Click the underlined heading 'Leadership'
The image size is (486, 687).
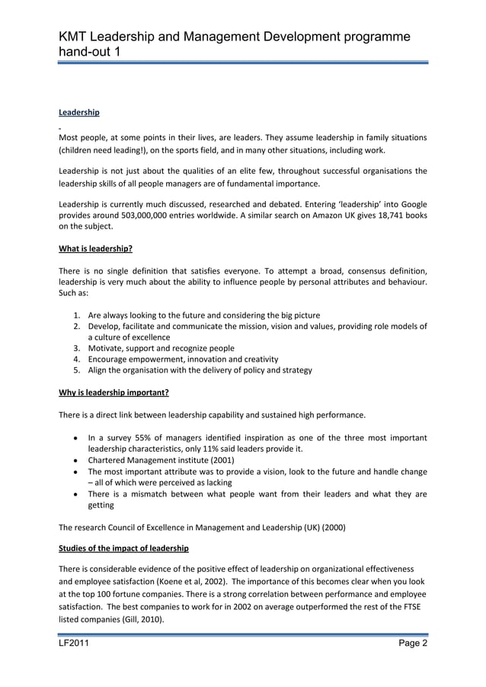(x=79, y=113)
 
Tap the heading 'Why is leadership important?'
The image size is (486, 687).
(x=114, y=393)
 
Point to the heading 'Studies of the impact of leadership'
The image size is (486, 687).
(x=123, y=548)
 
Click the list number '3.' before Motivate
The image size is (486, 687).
(x=78, y=348)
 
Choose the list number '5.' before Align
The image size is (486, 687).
(x=78, y=370)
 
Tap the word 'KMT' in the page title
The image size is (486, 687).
(x=78, y=37)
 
